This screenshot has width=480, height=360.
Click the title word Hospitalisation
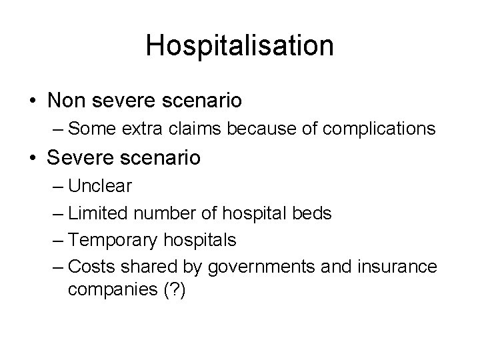coord(240,45)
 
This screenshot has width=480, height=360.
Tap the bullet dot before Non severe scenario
coord(33,102)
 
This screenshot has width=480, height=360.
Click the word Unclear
coord(100,186)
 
